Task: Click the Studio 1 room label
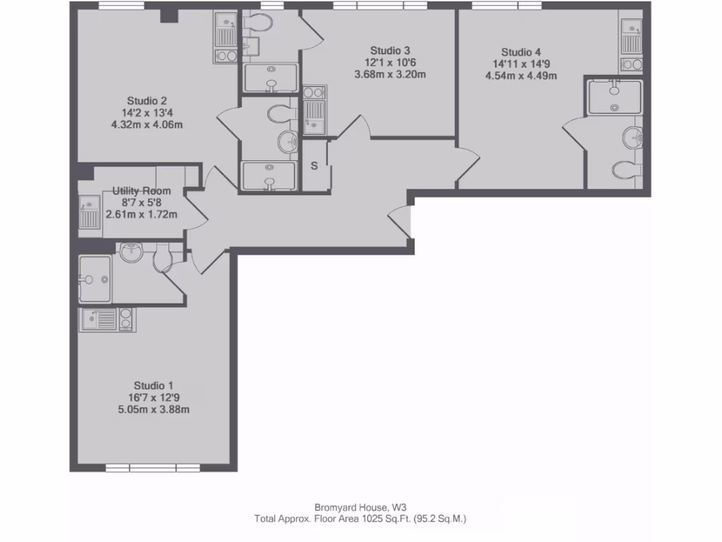click(153, 385)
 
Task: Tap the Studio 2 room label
click(147, 100)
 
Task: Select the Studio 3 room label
click(390, 50)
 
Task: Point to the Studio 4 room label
click(521, 52)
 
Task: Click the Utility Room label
click(141, 191)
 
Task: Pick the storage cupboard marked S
click(314, 166)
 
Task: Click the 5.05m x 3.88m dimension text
click(153, 409)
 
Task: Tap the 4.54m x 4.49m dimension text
click(521, 76)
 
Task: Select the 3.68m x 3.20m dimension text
click(390, 74)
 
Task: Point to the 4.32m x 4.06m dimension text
click(147, 125)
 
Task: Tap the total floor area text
click(360, 519)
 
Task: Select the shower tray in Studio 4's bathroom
click(614, 96)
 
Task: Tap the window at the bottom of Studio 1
click(153, 467)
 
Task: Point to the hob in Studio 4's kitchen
click(631, 65)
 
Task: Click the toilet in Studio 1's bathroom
click(164, 258)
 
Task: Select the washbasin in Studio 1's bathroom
click(133, 252)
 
